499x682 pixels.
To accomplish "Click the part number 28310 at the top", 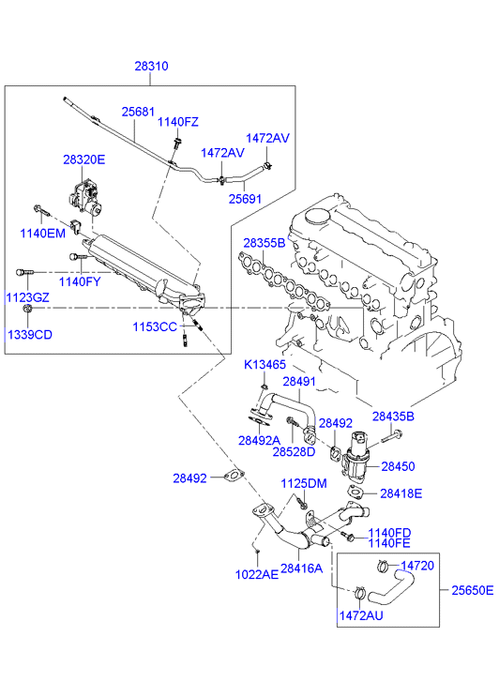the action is coord(151,66).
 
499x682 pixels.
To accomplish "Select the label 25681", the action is coord(138,112).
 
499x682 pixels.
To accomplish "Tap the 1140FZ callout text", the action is coord(177,122).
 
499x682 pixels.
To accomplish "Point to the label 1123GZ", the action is coord(28,297).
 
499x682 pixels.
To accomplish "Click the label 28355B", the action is coord(265,243).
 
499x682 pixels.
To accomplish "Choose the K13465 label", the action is coord(265,365).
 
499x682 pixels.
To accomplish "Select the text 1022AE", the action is coord(257,574).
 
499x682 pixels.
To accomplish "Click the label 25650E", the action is coord(473,590).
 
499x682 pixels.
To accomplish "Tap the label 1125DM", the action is coord(304,484).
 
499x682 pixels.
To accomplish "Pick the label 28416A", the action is coord(301,568).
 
